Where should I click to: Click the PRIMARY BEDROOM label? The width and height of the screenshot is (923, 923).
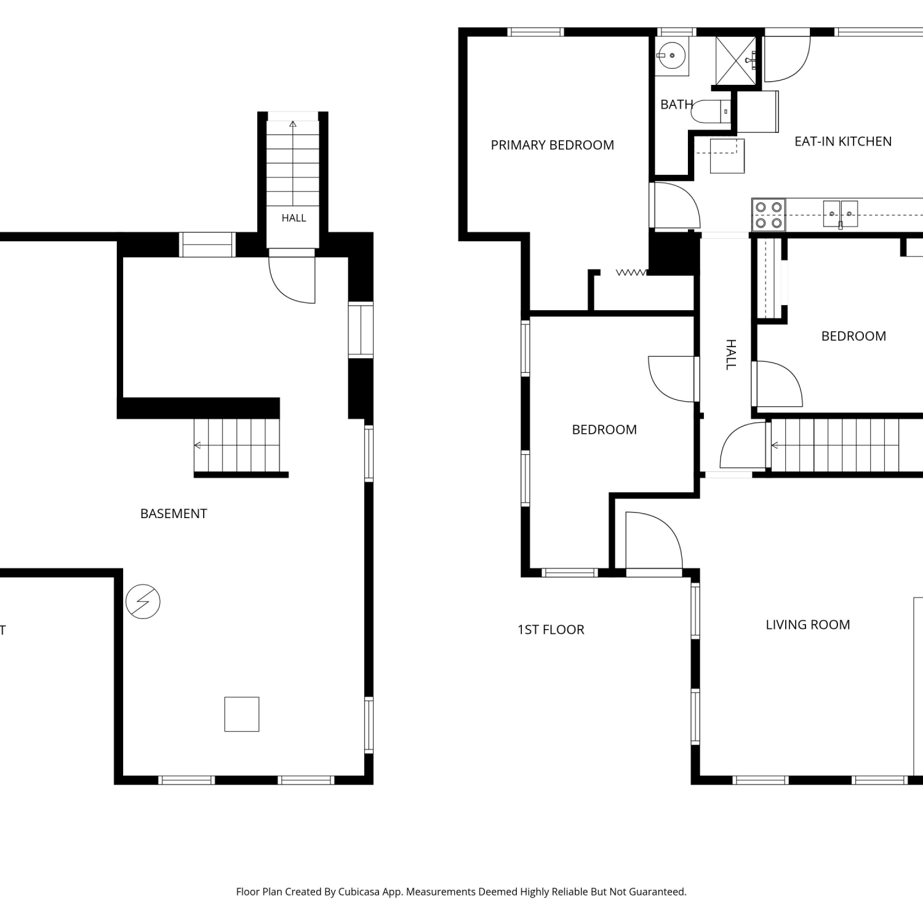552,145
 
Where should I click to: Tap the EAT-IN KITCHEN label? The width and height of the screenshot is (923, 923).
843,142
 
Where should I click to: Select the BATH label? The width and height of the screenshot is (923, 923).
676,105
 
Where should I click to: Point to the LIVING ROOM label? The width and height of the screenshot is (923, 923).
807,625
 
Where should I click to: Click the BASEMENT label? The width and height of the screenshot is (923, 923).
174,514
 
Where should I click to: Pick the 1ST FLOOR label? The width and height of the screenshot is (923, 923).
551,629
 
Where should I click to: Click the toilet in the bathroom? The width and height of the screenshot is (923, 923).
711,111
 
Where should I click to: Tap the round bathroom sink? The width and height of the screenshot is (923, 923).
672,55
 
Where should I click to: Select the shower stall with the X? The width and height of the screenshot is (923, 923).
735,60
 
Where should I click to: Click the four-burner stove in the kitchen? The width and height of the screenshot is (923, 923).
769,215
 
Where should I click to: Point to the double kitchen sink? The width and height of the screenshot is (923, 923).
841,214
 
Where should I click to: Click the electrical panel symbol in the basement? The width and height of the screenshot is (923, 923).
143,601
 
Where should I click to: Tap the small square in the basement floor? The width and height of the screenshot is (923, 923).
242,714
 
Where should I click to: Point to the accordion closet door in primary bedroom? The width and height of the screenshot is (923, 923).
632,272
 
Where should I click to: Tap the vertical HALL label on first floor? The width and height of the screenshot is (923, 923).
731,354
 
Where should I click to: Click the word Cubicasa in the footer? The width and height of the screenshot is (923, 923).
359,892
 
